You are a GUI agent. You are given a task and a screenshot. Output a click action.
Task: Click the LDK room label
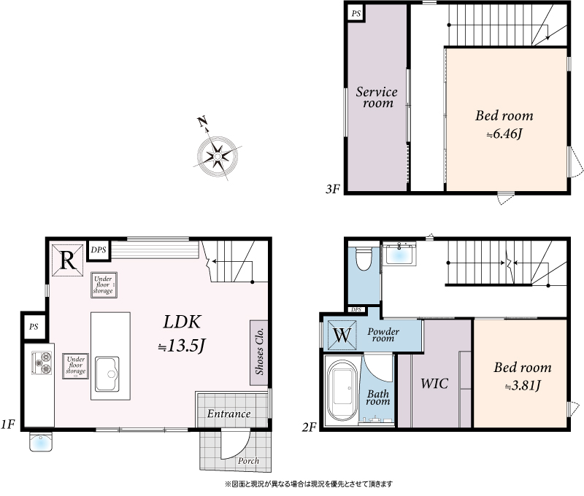182,322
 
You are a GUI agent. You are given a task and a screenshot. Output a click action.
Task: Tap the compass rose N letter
202,121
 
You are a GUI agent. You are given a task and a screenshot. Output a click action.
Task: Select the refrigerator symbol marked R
67,260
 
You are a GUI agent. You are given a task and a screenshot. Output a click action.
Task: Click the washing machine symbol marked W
342,336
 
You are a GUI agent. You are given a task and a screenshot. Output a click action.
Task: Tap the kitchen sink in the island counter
107,374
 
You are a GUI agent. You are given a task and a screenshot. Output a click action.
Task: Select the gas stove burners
42,363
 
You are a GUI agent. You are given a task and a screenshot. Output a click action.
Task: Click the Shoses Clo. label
259,351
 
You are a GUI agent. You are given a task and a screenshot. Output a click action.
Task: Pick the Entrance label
228,414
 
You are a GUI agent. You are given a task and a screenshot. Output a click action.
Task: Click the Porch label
248,461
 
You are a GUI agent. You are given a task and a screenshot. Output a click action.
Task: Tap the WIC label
434,384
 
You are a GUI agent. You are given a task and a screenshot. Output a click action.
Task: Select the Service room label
377,97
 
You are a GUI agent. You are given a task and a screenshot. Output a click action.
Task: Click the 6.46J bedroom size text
504,133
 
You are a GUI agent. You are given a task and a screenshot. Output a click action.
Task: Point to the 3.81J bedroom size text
523,385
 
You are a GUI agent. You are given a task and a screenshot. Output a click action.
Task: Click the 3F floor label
333,189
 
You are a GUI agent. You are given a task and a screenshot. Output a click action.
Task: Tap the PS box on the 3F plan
356,14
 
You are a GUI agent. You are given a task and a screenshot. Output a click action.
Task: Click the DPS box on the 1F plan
99,250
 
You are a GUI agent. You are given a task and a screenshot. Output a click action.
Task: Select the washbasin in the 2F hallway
399,253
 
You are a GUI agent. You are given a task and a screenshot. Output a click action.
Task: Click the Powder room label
383,335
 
